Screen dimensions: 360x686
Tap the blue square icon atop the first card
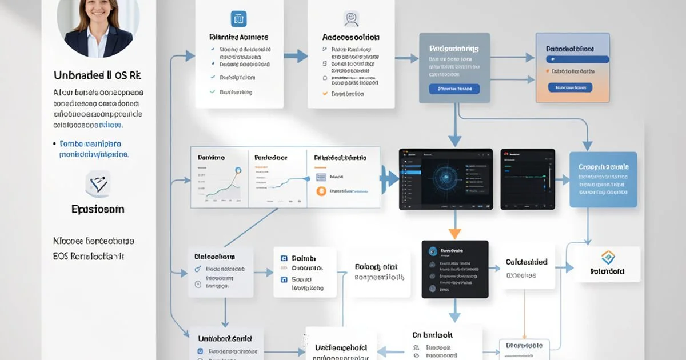(238, 19)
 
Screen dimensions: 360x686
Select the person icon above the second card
(351, 19)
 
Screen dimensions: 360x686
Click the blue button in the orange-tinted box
(569, 87)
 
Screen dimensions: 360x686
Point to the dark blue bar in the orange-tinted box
(577, 59)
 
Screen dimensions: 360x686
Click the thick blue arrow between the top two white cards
(296, 56)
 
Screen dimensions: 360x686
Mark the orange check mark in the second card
(325, 93)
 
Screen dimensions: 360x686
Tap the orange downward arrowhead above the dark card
(454, 233)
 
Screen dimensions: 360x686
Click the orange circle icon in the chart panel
(321, 191)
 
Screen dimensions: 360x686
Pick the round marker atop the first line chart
(237, 170)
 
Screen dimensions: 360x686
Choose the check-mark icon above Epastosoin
(98, 184)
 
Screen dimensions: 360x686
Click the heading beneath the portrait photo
(97, 75)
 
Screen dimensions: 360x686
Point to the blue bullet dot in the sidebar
(54, 145)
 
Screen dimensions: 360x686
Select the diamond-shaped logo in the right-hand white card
(607, 257)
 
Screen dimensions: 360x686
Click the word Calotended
(527, 262)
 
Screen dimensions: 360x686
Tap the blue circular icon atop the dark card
(433, 251)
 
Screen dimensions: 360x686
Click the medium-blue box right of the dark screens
(603, 179)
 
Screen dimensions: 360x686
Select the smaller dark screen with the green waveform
(528, 179)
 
